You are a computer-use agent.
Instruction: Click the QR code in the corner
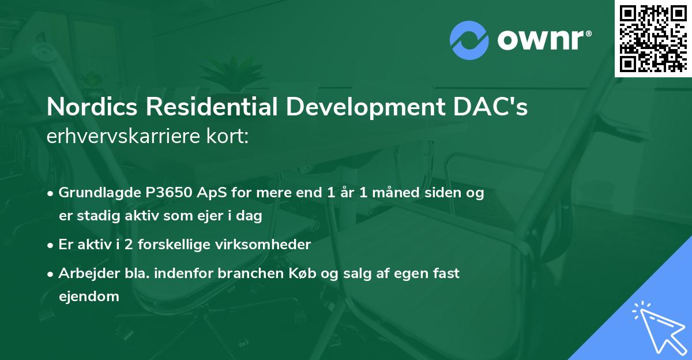(x=653, y=38)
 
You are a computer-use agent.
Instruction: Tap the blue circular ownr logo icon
(x=469, y=40)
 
